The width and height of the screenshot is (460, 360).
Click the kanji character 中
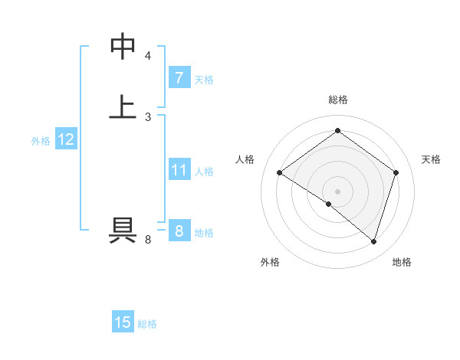point(123,47)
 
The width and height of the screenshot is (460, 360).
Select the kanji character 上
point(123,106)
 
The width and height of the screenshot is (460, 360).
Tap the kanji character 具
point(123,230)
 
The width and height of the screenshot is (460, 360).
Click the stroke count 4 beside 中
point(148,56)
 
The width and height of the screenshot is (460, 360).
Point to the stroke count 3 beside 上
point(148,116)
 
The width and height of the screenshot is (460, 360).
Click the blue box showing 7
point(179,78)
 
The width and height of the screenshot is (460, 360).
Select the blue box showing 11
point(179,170)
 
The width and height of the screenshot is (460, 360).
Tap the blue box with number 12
point(66,139)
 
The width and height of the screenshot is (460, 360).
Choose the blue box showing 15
point(123,322)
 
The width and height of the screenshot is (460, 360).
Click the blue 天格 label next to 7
point(204,80)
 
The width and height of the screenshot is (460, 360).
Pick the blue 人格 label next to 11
point(204,172)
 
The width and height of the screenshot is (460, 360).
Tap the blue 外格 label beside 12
point(41,141)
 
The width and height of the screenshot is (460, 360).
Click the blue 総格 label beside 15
point(147,324)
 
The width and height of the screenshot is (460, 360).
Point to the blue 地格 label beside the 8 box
point(204,233)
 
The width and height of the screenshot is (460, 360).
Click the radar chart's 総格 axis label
point(338,100)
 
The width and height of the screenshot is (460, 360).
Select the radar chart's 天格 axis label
point(432,159)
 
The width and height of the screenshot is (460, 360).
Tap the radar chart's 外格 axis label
point(270,263)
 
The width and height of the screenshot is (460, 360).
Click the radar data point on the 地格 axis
point(373,241)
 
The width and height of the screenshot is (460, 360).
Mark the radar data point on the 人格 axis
point(280,173)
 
